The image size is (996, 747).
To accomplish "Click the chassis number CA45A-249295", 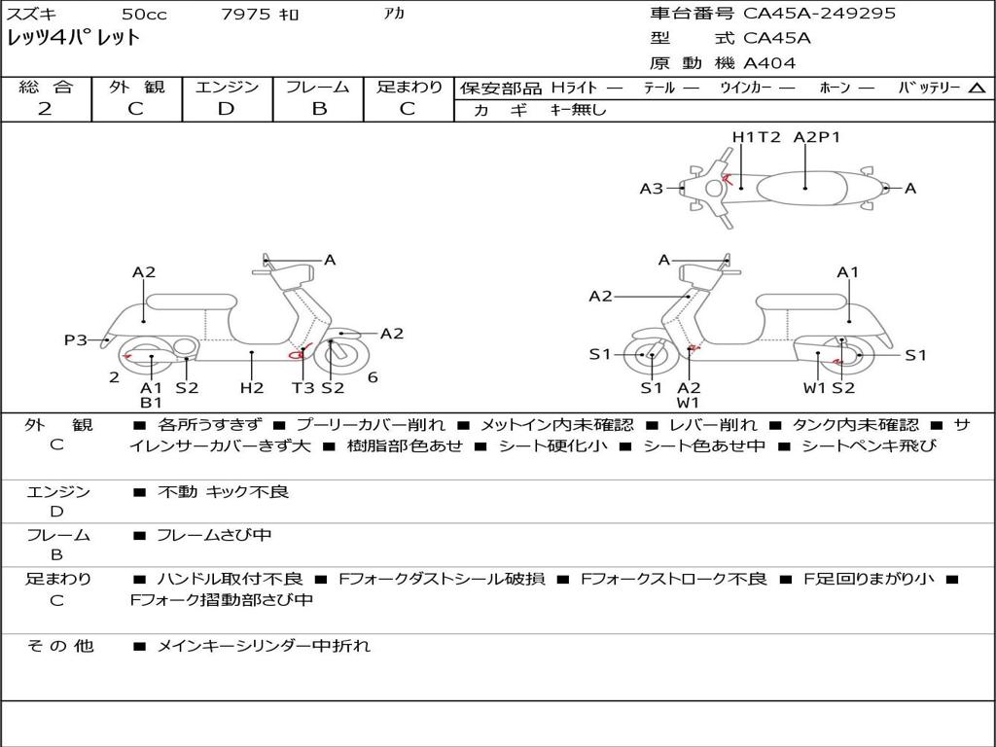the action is [819, 13].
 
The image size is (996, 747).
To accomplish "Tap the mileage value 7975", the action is [246, 14].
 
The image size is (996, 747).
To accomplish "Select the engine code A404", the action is [769, 63].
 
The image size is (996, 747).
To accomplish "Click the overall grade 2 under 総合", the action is [45, 108].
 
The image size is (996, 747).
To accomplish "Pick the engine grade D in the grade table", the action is [226, 108].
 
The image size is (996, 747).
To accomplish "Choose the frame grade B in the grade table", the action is [319, 108].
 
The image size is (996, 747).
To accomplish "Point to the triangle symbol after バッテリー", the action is [977, 88].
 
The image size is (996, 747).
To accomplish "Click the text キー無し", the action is [578, 110].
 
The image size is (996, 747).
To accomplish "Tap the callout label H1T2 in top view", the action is [756, 136].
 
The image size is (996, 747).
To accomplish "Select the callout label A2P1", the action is [817, 136].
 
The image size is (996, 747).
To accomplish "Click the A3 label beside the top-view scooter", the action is [651, 188].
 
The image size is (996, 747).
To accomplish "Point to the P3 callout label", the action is [76, 339].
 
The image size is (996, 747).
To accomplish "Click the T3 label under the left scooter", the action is [303, 387].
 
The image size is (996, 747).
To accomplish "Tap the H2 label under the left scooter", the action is [252, 387].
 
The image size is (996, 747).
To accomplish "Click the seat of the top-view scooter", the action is [801, 189].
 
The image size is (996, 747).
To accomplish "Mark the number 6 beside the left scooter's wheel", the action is [373, 377].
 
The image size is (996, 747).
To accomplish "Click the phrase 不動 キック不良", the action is [223, 491].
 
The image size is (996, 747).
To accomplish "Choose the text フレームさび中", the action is [214, 535].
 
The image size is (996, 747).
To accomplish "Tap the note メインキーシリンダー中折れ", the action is [263, 646].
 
